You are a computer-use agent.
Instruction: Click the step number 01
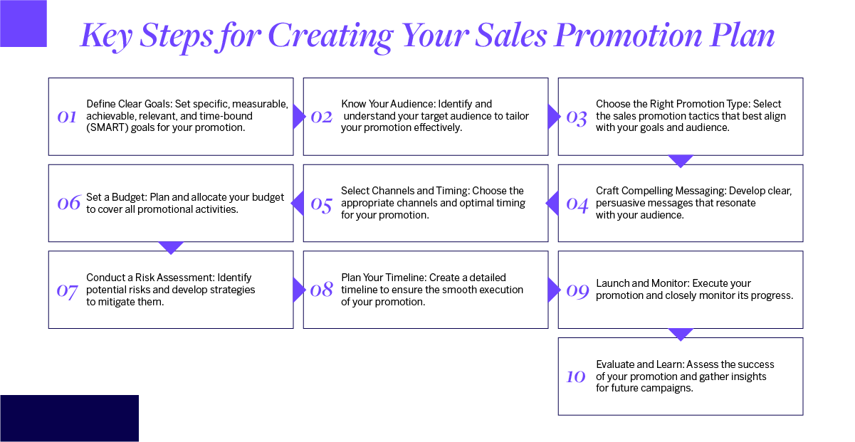[66, 117]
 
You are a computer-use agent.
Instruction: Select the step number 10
[575, 377]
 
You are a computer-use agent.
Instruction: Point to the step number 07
[66, 290]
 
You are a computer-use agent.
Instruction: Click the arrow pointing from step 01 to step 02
[299, 117]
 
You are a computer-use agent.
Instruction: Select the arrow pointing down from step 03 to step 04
[681, 161]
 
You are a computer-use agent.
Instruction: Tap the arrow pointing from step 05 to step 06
[298, 204]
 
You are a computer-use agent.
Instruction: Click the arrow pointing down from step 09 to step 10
[681, 334]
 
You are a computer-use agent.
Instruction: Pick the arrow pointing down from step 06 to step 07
[171, 247]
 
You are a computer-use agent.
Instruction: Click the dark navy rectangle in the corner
[69, 418]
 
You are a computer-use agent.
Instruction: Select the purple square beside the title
[23, 23]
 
